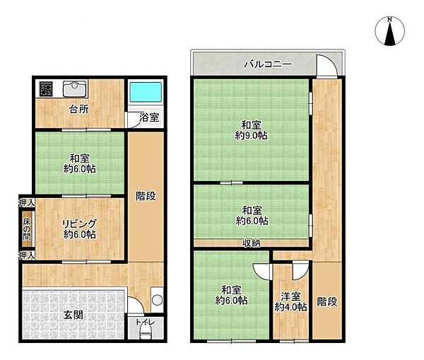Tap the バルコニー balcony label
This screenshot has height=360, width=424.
click(249, 64)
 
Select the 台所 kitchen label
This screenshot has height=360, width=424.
click(78, 110)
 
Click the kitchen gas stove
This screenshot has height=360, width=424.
click(47, 88)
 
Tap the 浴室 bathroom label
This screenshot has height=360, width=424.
click(147, 117)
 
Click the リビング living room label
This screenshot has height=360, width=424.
click(78, 223)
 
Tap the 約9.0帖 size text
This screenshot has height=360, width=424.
click(251, 136)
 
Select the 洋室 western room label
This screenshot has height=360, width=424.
click(290, 295)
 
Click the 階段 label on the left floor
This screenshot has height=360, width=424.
click(146, 196)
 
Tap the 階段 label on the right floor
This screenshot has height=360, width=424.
click(326, 301)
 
